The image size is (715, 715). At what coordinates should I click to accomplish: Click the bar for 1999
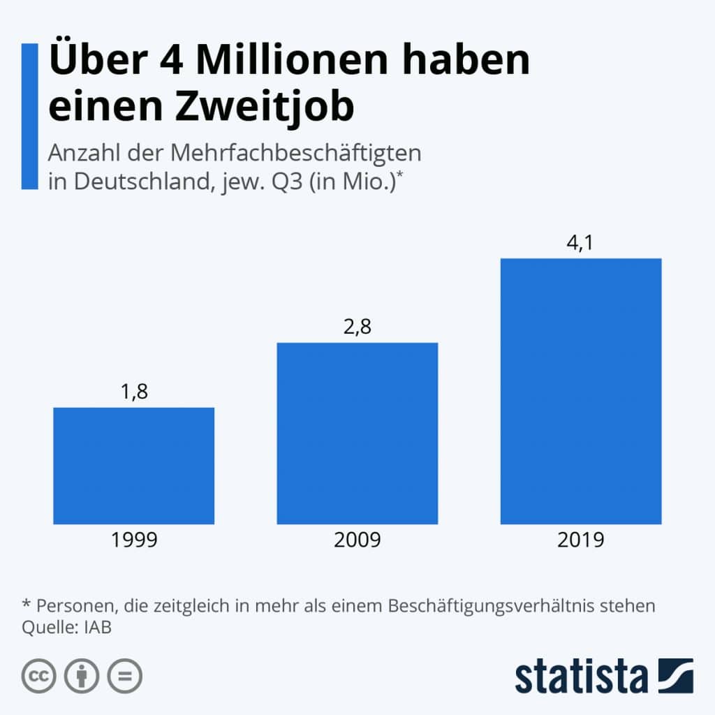point(133,466)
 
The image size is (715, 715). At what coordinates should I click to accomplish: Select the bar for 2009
point(357,433)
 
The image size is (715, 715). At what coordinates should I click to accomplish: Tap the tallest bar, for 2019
point(580,391)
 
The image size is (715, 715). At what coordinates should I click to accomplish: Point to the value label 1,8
point(133,392)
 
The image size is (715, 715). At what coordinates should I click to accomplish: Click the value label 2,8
point(357,327)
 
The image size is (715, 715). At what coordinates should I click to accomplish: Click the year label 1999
point(133,540)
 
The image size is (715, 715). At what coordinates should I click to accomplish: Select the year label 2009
point(357,540)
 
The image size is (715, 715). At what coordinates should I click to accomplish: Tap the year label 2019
point(580,540)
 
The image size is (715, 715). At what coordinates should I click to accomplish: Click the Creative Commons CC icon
point(39,676)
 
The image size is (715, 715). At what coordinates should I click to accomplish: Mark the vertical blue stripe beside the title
point(29,116)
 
